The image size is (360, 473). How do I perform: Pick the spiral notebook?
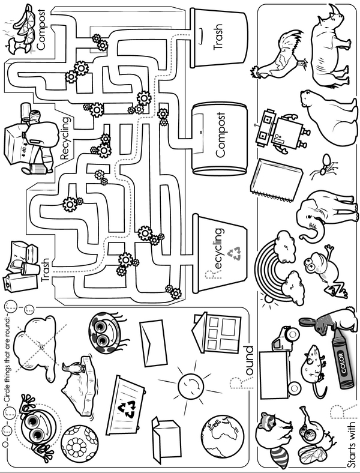click(275, 179)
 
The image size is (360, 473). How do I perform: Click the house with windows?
click(216, 333)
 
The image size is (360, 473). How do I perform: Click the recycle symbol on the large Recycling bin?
click(239, 254)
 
